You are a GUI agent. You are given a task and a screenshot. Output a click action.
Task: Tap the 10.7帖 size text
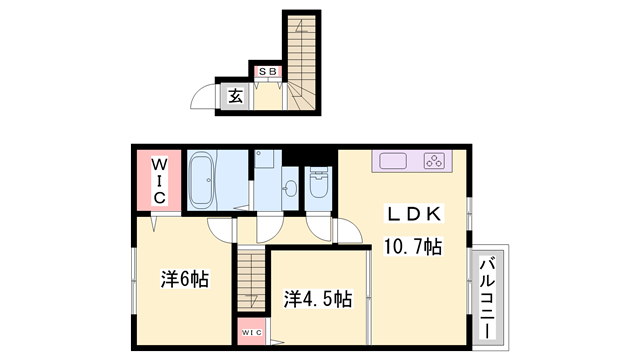(x=413, y=245)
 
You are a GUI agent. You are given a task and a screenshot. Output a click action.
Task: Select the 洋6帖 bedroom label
(x=185, y=279)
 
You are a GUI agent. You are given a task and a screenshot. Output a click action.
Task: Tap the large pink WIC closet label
(x=157, y=180)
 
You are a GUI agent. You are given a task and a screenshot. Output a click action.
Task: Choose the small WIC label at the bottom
(x=249, y=329)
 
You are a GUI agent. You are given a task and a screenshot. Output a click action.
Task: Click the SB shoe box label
(x=267, y=72)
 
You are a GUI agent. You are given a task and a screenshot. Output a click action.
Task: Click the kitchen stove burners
(x=435, y=160)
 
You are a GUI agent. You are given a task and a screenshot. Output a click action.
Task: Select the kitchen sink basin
(x=390, y=160)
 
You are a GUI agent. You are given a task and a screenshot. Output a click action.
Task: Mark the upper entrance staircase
(x=300, y=50)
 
